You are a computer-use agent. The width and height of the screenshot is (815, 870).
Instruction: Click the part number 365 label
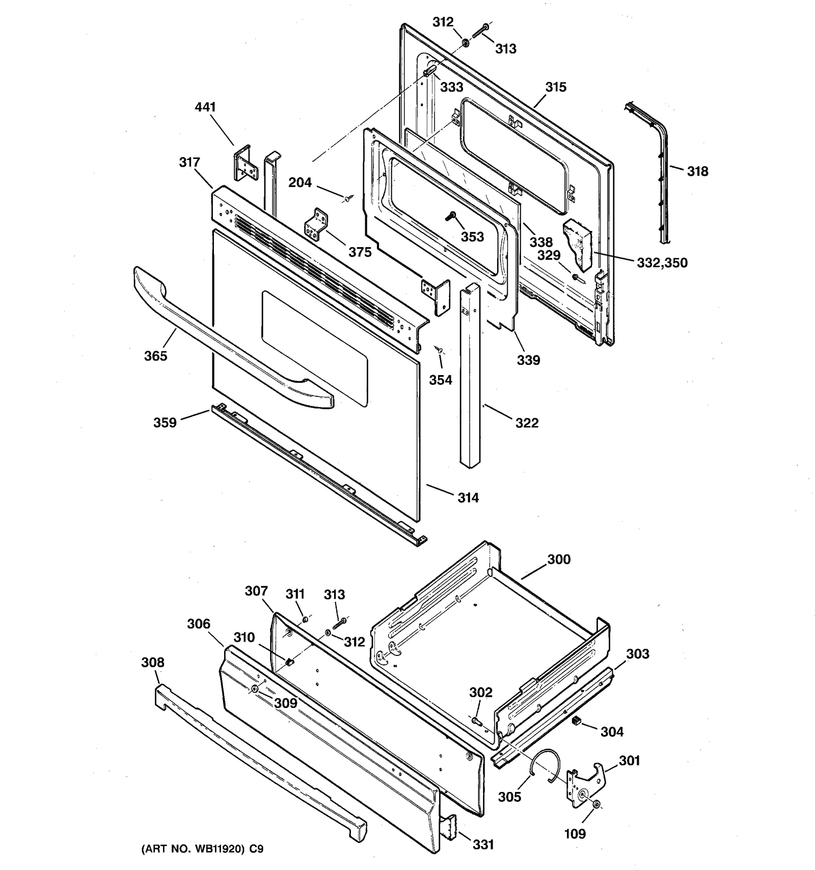(x=155, y=356)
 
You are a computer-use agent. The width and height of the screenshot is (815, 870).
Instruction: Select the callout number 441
(x=205, y=107)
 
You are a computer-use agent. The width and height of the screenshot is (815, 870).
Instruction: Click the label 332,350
(x=662, y=263)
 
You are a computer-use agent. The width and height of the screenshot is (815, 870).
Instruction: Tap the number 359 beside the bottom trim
(x=165, y=423)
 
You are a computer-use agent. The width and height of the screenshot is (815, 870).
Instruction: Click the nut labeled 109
(x=597, y=805)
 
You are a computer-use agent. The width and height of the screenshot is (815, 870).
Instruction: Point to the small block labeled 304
(x=577, y=720)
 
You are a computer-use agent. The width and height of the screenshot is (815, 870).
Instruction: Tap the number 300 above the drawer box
(x=559, y=559)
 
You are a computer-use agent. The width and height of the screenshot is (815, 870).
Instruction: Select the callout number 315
(x=556, y=87)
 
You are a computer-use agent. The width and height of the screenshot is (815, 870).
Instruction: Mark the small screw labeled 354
(x=439, y=350)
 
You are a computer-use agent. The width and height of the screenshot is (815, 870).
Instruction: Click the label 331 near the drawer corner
(x=483, y=845)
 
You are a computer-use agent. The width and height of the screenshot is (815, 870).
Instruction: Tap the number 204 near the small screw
(x=300, y=182)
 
